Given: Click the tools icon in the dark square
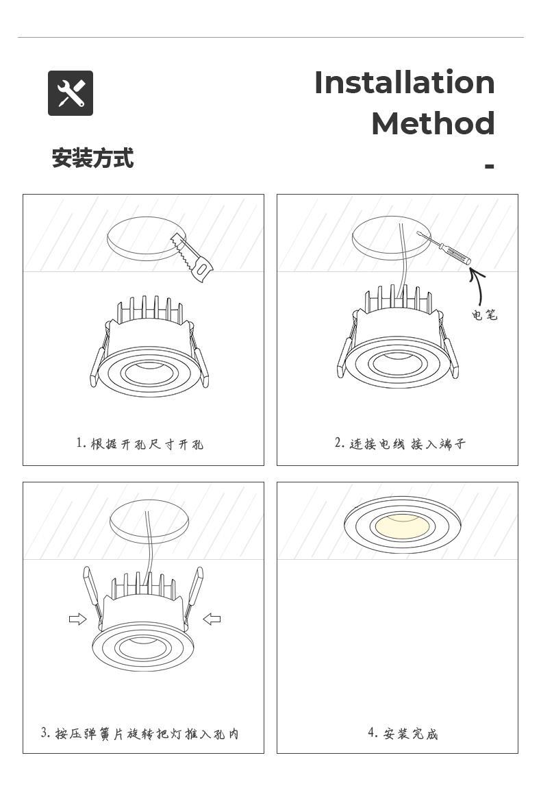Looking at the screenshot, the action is (x=71, y=93).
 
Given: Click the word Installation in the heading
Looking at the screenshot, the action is (x=404, y=82).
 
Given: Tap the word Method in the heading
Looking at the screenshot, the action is (x=433, y=123).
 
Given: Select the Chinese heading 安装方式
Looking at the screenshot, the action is (x=92, y=158).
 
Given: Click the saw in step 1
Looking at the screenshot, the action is (x=193, y=257).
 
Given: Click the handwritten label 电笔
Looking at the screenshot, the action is (x=484, y=315).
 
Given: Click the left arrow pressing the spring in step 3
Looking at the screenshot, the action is (x=77, y=619).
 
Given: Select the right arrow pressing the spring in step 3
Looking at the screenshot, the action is (x=212, y=619).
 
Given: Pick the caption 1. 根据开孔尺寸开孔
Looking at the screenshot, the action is (x=140, y=443).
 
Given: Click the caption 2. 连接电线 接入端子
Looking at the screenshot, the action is (x=400, y=443).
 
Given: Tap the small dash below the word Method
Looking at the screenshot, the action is (x=490, y=167).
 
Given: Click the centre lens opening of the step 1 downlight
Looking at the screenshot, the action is (x=149, y=372).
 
